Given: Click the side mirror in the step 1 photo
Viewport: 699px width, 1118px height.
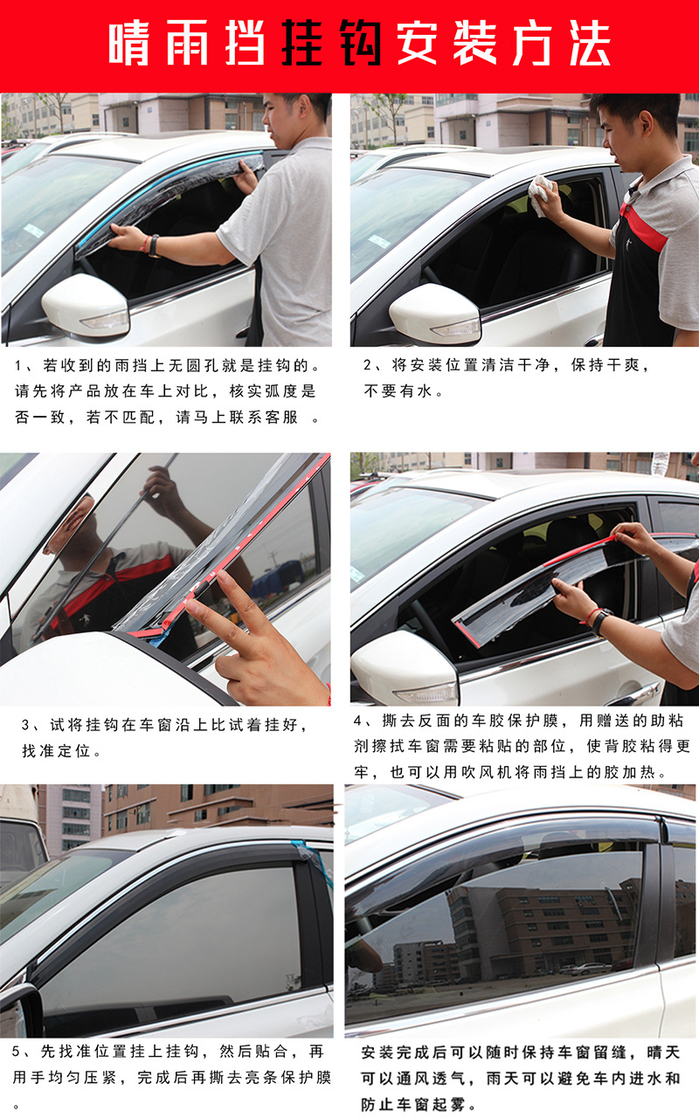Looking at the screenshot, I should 86,307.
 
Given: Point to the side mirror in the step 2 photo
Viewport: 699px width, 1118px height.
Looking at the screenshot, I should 434,314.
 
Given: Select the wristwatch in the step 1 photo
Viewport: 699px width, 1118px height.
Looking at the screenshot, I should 154,246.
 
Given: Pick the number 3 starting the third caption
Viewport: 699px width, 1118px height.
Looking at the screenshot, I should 26,726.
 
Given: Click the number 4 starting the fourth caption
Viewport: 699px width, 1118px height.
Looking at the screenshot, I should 358,721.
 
